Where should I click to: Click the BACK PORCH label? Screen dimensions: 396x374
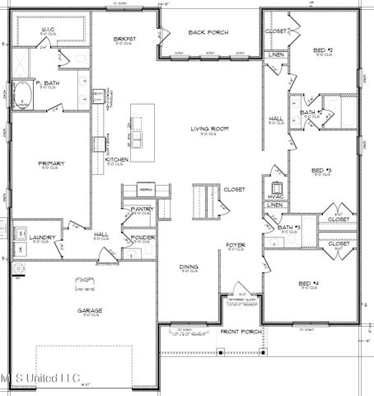point(208,33)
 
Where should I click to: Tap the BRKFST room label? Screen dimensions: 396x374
point(124,39)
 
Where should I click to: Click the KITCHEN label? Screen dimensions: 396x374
point(116,158)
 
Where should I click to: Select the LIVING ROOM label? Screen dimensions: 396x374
point(209,130)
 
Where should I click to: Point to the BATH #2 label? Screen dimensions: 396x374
point(311,112)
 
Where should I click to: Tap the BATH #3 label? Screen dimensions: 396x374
point(288,227)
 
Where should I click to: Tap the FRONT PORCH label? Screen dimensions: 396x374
point(241,332)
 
